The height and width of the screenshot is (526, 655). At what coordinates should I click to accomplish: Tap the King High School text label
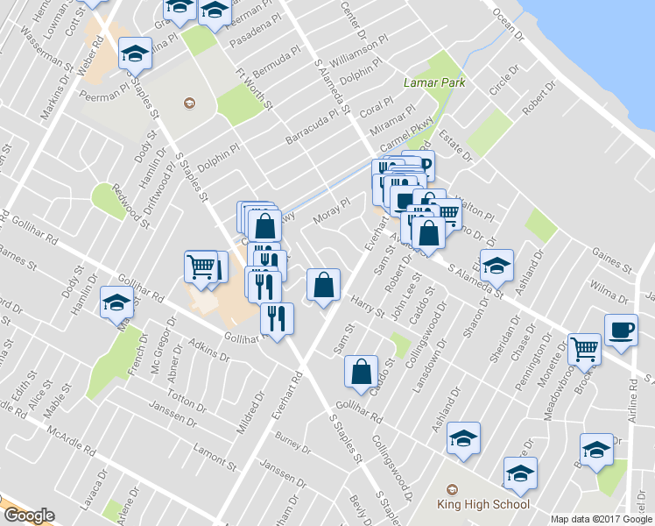(x=483, y=504)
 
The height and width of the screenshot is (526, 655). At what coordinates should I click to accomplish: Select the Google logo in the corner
(x=28, y=515)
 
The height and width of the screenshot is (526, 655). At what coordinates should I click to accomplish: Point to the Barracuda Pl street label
(x=312, y=128)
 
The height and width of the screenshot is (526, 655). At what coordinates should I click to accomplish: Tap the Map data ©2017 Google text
(x=601, y=519)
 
